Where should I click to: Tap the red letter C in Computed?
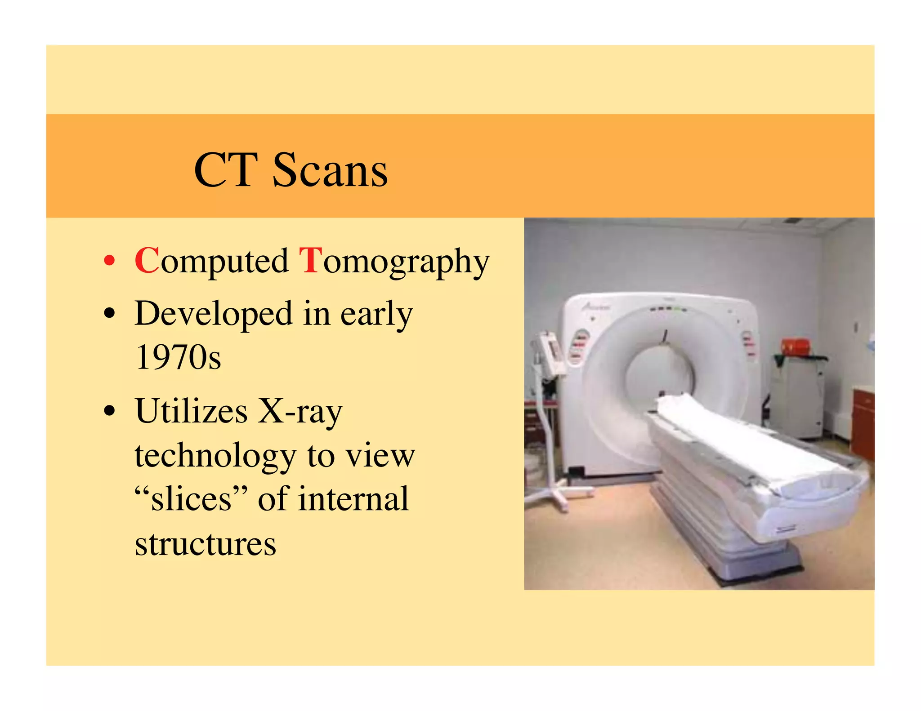point(147,260)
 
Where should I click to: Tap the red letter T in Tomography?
point(311,260)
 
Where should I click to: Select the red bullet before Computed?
point(109,261)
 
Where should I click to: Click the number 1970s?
point(178,357)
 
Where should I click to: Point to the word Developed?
point(214,314)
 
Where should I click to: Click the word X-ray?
point(300,411)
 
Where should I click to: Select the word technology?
point(215,456)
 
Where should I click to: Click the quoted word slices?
point(191,499)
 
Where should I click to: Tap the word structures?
point(206,543)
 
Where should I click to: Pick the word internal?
point(353,499)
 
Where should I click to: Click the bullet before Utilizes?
point(109,411)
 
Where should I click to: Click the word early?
point(376,314)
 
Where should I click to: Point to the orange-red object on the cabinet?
point(795,347)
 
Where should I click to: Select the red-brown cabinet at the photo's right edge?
point(863,422)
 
